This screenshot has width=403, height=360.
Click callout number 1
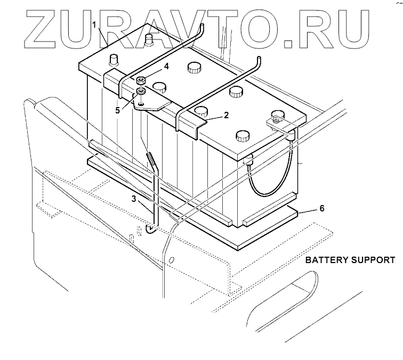[x=94, y=24]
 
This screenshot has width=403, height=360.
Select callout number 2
[x=226, y=114]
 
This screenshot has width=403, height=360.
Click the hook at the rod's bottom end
[x=151, y=230]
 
